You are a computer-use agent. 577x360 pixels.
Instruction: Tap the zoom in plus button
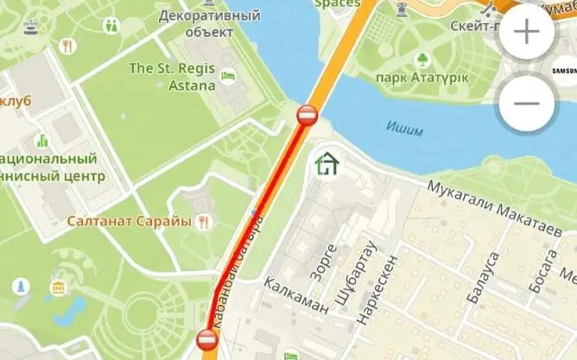(526, 33)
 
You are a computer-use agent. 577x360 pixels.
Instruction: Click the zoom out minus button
(526, 103)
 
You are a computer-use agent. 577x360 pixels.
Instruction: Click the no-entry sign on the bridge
(308, 115)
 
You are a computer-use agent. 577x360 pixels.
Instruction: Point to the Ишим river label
(404, 130)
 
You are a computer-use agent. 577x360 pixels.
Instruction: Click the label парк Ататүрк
(422, 79)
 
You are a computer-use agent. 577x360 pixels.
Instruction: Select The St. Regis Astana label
(172, 75)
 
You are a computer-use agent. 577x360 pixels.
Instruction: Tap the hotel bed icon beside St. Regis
(227, 76)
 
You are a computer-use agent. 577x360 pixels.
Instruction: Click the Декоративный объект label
(211, 23)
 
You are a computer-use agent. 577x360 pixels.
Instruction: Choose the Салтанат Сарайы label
(129, 222)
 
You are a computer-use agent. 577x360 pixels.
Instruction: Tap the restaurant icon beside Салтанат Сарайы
(204, 222)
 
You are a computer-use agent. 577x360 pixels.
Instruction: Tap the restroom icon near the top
(111, 25)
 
